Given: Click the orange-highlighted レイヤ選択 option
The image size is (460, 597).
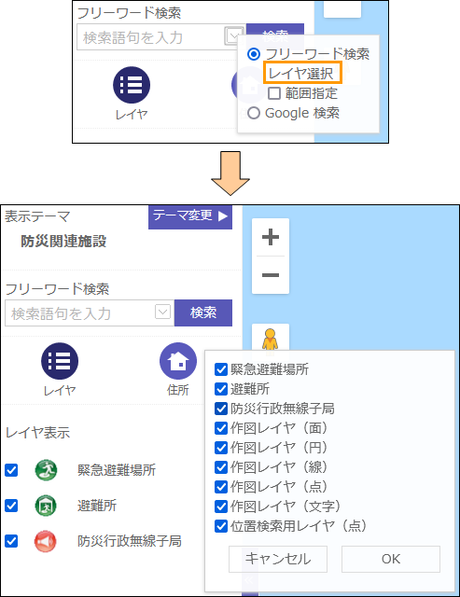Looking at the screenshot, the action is [x=302, y=73].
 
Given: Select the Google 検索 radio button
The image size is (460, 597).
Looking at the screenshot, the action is [x=254, y=113].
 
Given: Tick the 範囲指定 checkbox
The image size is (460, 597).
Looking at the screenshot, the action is [x=274, y=93].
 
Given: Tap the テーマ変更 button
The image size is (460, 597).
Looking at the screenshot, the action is [x=190, y=216].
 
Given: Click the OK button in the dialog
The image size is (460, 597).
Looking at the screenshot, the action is [x=391, y=559].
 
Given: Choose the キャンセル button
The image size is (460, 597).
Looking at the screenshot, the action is [x=278, y=559].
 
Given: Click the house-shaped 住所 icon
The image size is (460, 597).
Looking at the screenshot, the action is [x=178, y=361].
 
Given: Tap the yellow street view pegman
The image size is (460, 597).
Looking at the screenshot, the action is [x=270, y=339].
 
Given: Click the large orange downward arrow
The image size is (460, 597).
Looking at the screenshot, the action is [x=230, y=174].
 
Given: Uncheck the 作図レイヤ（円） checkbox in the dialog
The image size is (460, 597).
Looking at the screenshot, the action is [x=221, y=448].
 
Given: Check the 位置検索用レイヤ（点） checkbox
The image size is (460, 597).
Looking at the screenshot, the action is [x=221, y=526].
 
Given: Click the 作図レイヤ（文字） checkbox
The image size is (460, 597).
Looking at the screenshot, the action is [x=221, y=507].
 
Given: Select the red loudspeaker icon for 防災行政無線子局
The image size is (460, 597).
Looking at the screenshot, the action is [x=46, y=541].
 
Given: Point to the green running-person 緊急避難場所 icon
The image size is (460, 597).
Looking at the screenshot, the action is [x=46, y=470].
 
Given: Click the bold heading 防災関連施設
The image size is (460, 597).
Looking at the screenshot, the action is [x=63, y=241].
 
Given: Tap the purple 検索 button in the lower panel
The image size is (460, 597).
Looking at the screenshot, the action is [x=203, y=313].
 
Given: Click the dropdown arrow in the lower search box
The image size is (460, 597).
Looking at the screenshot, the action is [x=162, y=312].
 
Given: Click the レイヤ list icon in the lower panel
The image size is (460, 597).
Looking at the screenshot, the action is [x=60, y=361].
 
